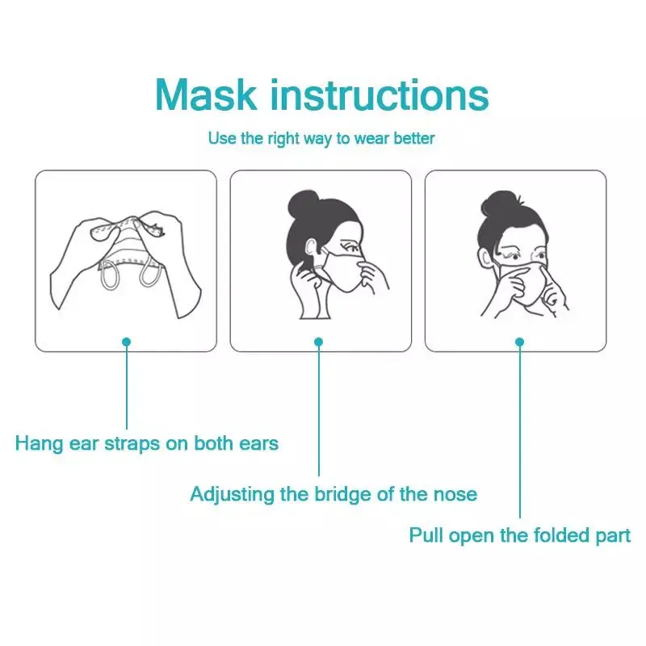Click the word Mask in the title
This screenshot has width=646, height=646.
pos(206,94)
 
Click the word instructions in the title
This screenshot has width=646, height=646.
pos(380,94)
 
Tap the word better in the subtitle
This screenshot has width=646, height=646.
pos(413,138)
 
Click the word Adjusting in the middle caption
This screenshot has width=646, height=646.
pos(233,495)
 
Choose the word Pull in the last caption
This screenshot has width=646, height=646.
pos(426,535)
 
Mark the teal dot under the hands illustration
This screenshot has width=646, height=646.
pos(127,342)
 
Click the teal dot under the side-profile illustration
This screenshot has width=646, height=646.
pos(318,342)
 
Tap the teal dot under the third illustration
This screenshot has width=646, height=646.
pos(519,342)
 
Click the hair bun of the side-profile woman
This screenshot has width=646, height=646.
pos(304,203)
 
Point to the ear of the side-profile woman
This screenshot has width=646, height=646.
pos(311,249)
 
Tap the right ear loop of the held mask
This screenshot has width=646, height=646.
pos(149,274)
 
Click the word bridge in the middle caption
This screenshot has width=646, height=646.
pos(342,495)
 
